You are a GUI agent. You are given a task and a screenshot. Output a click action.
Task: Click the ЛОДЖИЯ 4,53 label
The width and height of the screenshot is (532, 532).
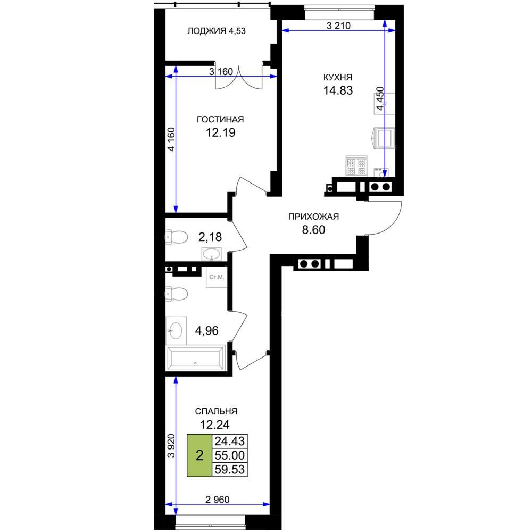point(217,31)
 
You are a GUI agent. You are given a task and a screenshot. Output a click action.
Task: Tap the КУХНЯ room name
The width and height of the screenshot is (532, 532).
point(338,77)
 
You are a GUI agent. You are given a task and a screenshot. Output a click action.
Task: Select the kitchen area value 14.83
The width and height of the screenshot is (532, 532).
point(338,90)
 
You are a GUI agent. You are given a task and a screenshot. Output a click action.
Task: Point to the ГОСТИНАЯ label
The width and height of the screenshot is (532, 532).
point(220,119)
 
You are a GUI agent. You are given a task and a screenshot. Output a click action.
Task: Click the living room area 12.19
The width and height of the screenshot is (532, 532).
point(221,132)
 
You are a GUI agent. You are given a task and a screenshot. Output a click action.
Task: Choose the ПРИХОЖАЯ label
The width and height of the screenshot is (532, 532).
point(313,217)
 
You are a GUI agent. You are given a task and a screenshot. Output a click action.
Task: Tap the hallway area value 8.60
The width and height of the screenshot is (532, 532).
point(313,230)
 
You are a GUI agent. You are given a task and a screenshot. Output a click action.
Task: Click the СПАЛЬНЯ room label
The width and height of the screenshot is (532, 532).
point(216,411)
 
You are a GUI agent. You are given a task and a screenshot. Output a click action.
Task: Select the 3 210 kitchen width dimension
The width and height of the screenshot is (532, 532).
point(338,26)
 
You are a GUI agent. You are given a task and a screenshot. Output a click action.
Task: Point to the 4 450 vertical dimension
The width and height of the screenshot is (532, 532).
point(380,98)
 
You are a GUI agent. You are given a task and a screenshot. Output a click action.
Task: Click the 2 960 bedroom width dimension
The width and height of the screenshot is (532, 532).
point(218,500)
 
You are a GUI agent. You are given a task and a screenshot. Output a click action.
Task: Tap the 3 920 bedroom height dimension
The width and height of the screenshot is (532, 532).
point(172,445)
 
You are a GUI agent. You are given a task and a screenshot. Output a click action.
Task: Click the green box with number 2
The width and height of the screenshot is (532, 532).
point(199,455)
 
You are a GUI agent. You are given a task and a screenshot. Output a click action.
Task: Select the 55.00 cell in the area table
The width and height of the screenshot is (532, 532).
point(230,455)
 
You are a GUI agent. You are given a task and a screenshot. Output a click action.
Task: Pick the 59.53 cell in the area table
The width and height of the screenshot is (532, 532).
point(230,470)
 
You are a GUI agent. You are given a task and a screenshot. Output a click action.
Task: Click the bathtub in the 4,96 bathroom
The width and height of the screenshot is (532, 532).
point(195,358)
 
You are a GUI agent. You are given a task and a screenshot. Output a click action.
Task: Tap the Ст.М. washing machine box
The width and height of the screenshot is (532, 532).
point(217,277)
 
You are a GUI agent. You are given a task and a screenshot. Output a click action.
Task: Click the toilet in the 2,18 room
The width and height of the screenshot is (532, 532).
point(177,237)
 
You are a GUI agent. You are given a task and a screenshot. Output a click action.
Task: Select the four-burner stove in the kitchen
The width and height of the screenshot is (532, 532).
point(356,166)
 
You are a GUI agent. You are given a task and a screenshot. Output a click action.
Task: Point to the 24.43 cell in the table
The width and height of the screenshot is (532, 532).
point(230,441)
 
